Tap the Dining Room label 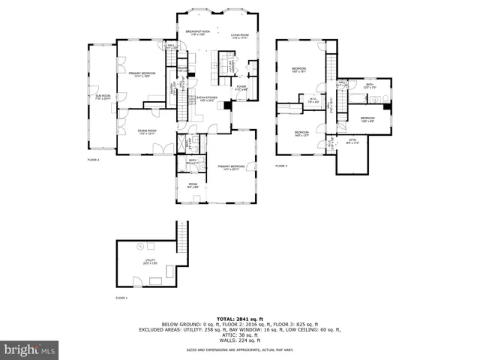(x=146, y=132)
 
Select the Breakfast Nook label (x=196, y=33)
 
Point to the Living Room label (x=239, y=36)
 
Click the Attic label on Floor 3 (x=352, y=140)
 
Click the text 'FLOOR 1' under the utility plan (x=121, y=298)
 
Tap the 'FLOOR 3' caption (x=281, y=165)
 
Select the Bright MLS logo (x=30, y=349)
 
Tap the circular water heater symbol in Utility (x=139, y=247)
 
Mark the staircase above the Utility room (x=181, y=235)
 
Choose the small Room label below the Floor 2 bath (x=192, y=185)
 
